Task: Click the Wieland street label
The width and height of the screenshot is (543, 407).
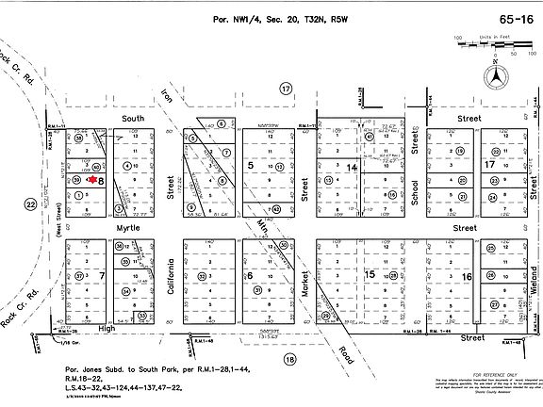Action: [x=534, y=282]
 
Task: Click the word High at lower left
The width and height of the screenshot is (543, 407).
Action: [x=109, y=329]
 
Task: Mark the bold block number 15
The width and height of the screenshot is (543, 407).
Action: [x=370, y=273]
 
